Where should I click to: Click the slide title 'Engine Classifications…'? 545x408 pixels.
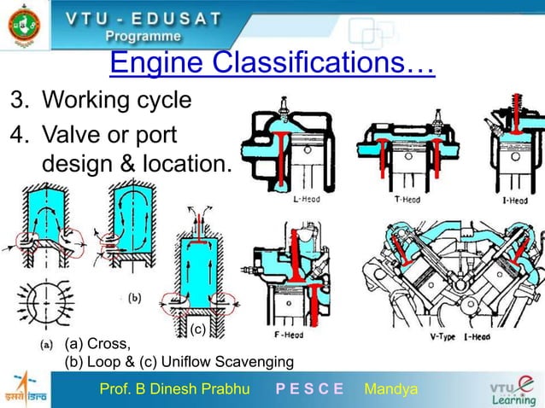[272, 62]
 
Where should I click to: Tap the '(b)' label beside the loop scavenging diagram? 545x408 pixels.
[135, 298]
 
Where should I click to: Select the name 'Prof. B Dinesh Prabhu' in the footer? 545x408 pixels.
[175, 390]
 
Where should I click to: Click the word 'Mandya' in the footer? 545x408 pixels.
[390, 390]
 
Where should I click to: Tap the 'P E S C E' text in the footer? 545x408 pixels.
[309, 390]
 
